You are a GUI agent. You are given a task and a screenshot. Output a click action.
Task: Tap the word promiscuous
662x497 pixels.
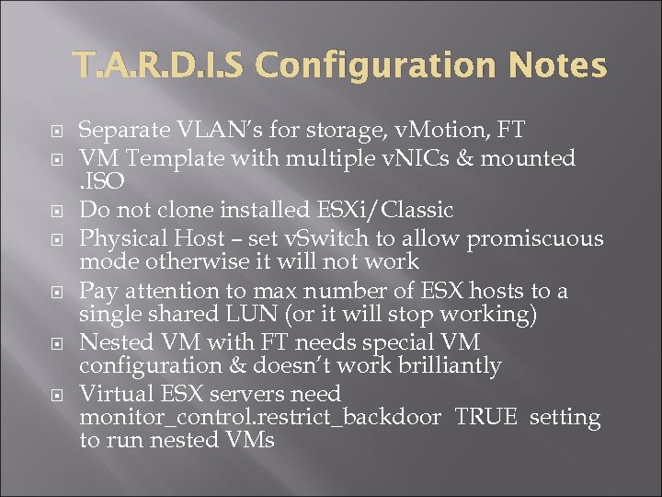coord(535,239)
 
